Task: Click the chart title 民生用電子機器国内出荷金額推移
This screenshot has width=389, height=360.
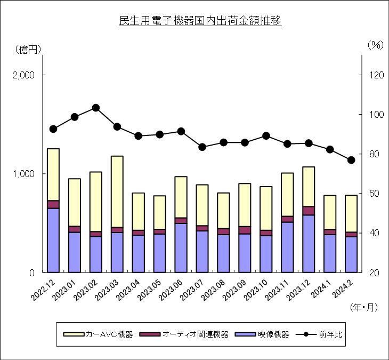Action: pos(200,21)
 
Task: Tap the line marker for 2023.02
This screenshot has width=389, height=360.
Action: pos(96,108)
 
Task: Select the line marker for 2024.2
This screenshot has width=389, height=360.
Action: pos(351,160)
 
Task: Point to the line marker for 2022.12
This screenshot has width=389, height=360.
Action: pos(53,129)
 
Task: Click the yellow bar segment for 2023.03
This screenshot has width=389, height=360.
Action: pos(117,191)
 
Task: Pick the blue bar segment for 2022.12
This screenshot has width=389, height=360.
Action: pos(53,241)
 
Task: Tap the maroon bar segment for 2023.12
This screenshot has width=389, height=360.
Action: pos(309,211)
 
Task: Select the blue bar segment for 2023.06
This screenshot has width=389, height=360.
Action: pos(181,248)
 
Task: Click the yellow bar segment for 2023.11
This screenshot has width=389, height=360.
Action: pos(287,195)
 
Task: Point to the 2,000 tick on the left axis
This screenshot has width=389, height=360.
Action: pos(23,75)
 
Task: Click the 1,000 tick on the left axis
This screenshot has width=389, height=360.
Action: pos(23,174)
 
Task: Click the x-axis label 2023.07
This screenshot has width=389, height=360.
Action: pos(191,290)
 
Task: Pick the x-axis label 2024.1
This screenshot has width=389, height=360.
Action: pos(321,288)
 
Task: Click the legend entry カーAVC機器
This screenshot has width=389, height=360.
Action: pos(98,334)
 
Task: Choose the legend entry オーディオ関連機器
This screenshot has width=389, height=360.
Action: pos(184,334)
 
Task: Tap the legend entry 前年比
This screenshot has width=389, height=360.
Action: pos(319,334)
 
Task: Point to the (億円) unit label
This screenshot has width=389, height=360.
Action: pos(28,50)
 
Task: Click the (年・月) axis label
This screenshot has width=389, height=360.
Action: pos(364,307)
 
